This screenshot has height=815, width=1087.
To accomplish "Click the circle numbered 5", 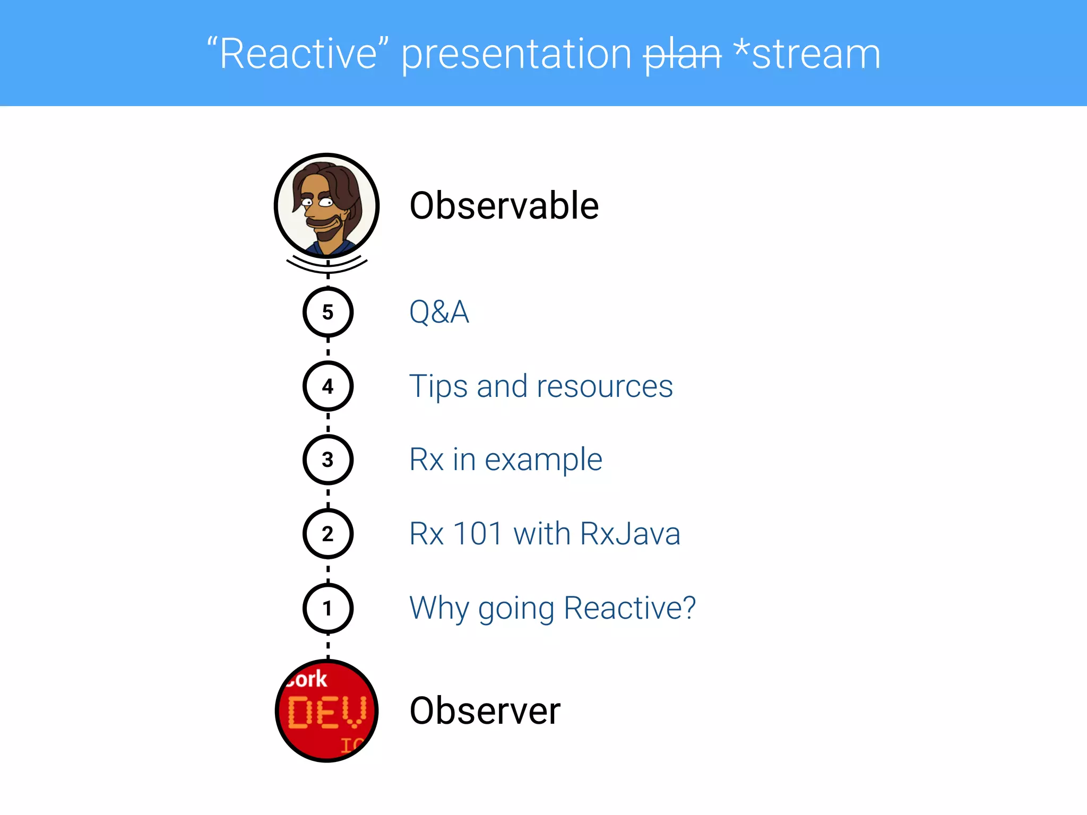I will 327,312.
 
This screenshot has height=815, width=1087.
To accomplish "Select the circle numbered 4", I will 327,386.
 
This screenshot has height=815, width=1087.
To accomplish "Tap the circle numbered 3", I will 327,459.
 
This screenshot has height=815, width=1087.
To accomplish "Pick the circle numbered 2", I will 327,533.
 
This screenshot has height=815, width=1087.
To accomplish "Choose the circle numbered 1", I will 327,608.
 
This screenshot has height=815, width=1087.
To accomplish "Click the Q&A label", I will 439,312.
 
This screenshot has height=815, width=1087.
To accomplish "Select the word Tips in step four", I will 438,386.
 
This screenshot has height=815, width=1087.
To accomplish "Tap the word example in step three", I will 543,460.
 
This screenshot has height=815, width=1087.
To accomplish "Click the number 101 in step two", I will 478,534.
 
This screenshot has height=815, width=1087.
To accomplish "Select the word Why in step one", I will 438,608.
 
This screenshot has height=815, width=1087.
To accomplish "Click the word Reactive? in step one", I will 629,608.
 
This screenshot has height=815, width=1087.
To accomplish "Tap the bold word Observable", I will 504,206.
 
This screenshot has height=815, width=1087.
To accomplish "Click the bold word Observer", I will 485,711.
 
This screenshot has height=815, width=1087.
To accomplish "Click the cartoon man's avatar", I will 326,206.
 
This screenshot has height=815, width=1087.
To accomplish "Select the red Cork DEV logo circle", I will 326,711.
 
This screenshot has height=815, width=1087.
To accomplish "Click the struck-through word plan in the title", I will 682,55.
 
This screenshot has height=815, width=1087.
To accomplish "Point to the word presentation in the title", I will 516,55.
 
